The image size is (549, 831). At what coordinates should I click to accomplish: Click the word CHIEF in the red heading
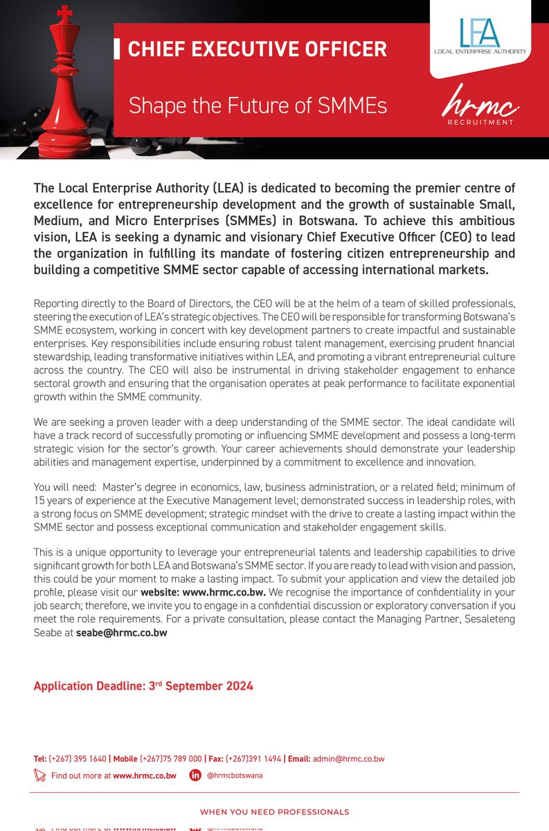[156, 50]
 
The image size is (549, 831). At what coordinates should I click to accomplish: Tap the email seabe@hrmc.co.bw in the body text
[121, 632]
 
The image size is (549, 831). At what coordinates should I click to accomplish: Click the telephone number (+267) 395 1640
[78, 758]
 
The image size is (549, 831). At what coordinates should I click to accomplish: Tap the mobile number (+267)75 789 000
[171, 758]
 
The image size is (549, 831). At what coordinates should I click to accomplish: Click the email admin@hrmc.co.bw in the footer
[348, 758]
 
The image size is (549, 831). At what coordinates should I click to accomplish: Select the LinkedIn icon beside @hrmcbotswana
[196, 775]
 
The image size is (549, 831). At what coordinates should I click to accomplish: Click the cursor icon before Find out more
[39, 775]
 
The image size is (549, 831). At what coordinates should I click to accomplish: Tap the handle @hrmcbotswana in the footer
[235, 775]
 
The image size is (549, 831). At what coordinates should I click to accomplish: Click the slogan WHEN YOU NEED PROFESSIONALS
[274, 812]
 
